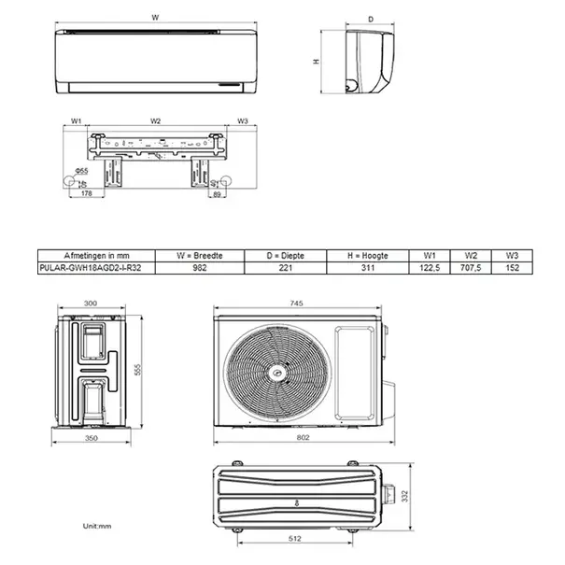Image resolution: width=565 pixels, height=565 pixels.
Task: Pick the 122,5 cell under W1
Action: [428, 266]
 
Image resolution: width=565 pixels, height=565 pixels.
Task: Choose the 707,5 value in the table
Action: [472, 266]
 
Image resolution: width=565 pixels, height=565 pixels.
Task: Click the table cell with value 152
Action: [512, 266]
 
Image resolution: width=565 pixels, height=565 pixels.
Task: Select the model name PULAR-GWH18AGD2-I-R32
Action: [92, 266]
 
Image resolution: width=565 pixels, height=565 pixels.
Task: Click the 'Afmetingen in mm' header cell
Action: [92, 255]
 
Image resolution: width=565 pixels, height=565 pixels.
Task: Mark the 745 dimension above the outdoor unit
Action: [296, 303]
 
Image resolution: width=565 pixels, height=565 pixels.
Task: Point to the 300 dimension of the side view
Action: [90, 304]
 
